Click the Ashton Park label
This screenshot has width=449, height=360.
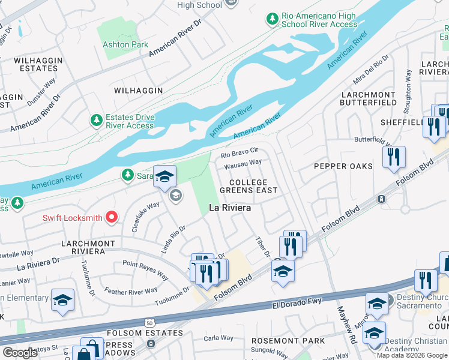click(x=125, y=45)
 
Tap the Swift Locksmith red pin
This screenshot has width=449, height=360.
click(x=112, y=217)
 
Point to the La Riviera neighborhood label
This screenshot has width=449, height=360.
click(x=229, y=208)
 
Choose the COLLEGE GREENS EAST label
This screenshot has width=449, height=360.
click(x=249, y=186)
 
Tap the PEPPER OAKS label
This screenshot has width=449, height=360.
click(x=343, y=166)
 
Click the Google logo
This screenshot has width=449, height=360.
click(x=20, y=353)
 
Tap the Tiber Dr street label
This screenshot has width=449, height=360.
click(x=262, y=247)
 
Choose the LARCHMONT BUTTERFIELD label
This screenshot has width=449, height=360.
click(x=369, y=98)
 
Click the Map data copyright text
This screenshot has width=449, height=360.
click(x=412, y=355)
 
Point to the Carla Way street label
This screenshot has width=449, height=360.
click(x=218, y=338)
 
